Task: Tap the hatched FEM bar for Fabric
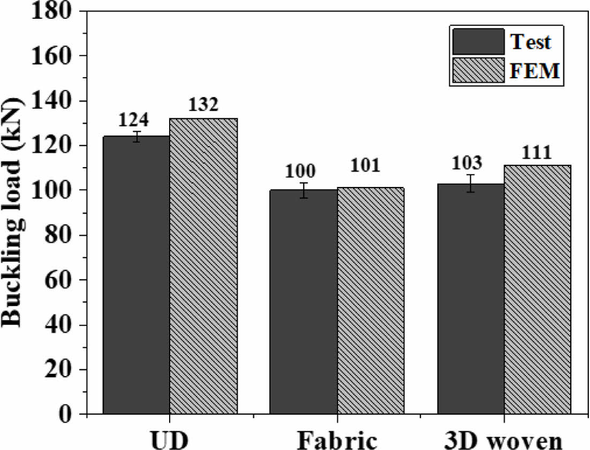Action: (x=370, y=301)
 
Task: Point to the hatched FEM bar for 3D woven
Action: (x=537, y=289)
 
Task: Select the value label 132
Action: (x=203, y=105)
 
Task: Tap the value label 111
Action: (x=536, y=153)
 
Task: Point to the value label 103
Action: (x=471, y=162)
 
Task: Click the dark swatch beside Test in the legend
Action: (x=478, y=42)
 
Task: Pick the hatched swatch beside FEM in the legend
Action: (x=478, y=70)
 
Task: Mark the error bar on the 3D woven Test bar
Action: (x=471, y=183)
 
